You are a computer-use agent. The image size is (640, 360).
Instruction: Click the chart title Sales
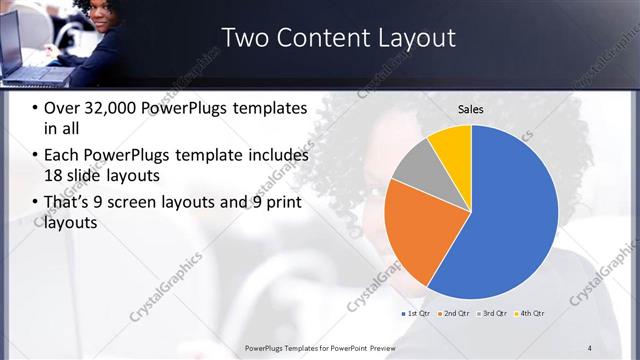coord(471,109)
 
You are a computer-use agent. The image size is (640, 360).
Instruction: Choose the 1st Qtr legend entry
coord(418,314)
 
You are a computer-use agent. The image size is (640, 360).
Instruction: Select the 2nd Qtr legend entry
coord(454,314)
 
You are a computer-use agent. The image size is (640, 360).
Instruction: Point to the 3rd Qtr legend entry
coord(492,314)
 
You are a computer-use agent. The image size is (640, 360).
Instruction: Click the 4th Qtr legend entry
coord(530,314)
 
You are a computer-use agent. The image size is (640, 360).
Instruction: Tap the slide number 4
coord(590,348)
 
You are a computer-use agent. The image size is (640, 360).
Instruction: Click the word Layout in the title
coord(414,38)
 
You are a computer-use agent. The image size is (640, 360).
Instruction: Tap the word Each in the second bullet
coord(64,155)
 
